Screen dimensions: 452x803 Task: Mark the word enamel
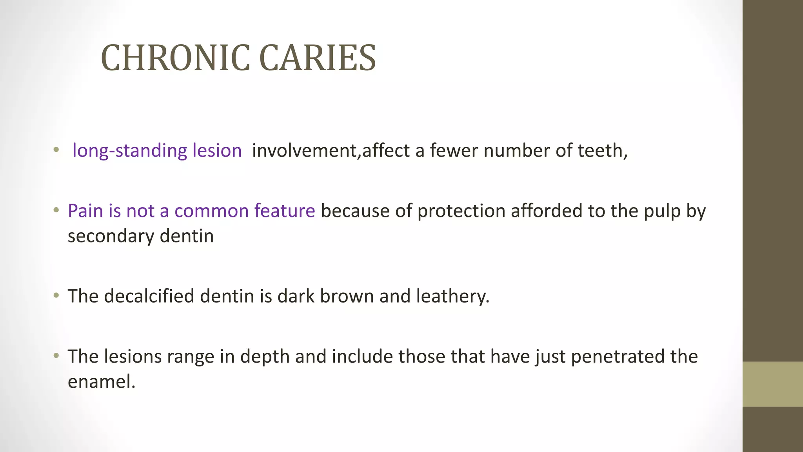[x=101, y=382]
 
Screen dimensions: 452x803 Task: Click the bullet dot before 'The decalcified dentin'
[x=56, y=295]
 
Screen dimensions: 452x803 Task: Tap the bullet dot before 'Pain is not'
[x=56, y=210]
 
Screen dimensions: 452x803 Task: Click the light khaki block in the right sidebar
[x=772, y=384]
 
